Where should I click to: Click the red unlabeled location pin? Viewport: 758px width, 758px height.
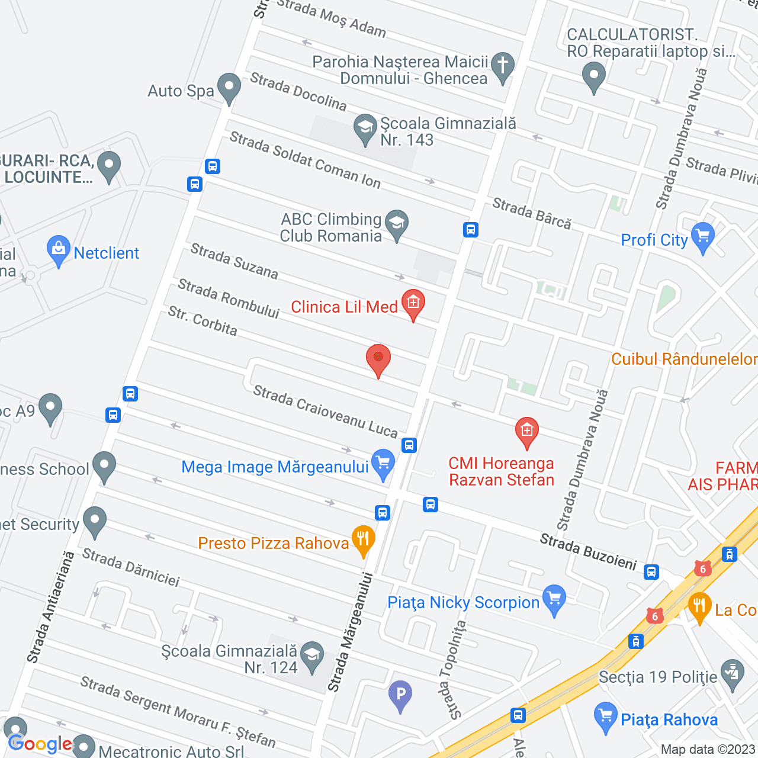coord(378,359)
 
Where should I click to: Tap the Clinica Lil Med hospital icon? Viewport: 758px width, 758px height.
coord(413,303)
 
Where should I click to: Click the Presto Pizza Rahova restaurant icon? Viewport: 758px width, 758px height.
coord(363,539)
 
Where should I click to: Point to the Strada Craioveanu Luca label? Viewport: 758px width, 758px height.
coord(325,411)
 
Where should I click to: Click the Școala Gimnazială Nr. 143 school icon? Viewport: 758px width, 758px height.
coord(365,128)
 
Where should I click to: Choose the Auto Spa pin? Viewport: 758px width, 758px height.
coord(229,87)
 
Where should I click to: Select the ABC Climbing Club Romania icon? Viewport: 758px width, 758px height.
coord(397,224)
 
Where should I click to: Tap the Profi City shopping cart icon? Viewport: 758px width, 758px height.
coord(703,236)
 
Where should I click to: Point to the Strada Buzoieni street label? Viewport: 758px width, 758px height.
coord(587,551)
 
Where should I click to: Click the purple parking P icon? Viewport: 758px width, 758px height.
coord(400,693)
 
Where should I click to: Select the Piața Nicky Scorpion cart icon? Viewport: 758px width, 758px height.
coord(554,599)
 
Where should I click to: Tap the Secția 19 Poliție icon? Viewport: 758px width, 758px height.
coord(733,673)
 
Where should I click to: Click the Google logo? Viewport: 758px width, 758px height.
coord(40,744)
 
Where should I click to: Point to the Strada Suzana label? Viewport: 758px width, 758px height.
coord(234,261)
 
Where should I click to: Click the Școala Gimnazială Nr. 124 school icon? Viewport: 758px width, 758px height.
coord(312,656)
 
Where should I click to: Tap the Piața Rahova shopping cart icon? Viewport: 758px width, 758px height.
coord(605,716)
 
